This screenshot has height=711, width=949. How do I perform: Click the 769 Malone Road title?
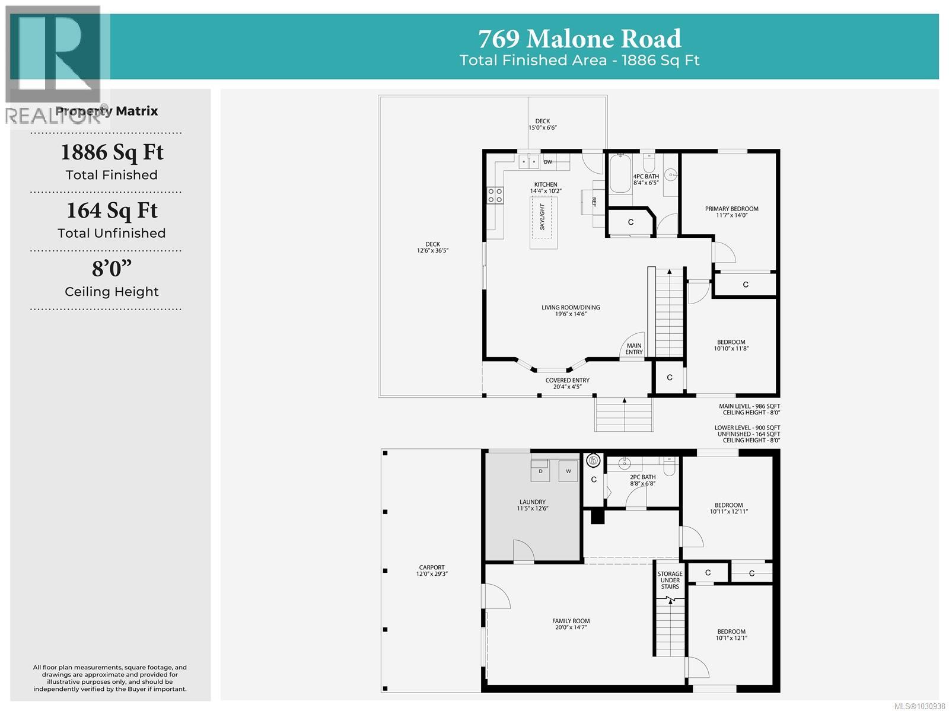pos(579,39)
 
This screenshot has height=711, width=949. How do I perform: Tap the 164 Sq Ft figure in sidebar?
pos(112,211)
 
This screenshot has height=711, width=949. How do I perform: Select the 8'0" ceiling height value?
pos(112,269)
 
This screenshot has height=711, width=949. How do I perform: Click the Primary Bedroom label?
pos(731,212)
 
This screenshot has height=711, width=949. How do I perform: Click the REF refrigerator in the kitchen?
pos(593,202)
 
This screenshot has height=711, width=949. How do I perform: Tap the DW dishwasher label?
pos(548,162)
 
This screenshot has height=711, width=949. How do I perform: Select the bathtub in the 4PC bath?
pos(620,173)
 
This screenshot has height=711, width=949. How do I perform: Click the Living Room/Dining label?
pos(571,310)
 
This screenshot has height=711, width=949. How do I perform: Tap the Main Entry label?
pos(633,349)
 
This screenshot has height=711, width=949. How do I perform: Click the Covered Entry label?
pos(567,383)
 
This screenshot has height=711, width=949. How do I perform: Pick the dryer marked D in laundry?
pos(541,471)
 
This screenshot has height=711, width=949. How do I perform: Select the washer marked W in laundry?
pos(568,471)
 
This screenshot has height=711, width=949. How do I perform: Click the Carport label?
pos(431,570)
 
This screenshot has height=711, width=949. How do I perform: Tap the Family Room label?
pos(571,624)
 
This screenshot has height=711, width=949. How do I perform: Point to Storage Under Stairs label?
pos(670,580)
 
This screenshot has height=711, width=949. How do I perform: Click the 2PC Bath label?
pos(642,480)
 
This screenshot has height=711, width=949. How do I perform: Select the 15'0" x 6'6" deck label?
pos(542,124)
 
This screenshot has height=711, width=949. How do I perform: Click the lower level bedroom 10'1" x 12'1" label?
pos(731,635)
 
